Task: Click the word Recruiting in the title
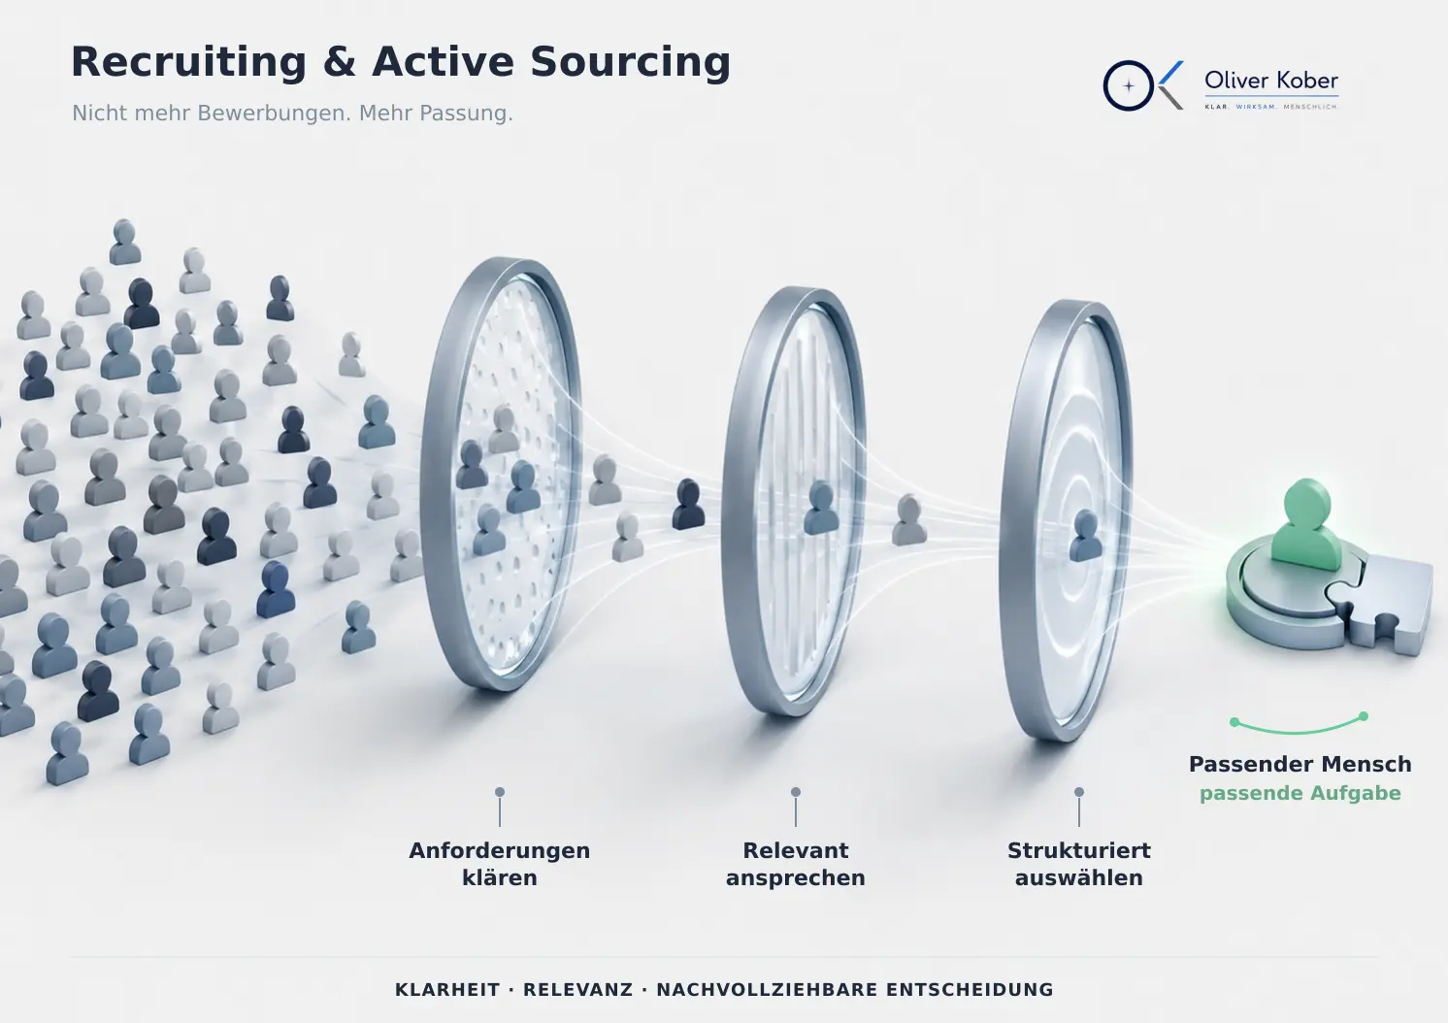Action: click(188, 63)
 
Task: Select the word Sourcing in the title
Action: click(630, 63)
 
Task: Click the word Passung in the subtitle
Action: click(466, 114)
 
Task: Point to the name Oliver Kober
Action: click(1270, 81)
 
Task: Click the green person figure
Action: click(1306, 524)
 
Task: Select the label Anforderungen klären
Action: click(500, 864)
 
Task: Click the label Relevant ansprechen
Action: click(795, 864)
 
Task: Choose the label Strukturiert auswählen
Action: click(1079, 864)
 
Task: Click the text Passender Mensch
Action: click(1300, 765)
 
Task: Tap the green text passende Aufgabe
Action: click(1300, 793)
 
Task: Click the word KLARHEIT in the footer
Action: click(447, 990)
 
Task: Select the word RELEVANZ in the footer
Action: click(577, 990)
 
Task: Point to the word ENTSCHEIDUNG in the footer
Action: click(970, 990)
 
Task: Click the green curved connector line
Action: click(1299, 732)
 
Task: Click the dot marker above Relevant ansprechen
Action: click(796, 792)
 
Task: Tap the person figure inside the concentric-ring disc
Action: click(1085, 536)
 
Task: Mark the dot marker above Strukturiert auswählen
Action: click(1079, 792)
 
